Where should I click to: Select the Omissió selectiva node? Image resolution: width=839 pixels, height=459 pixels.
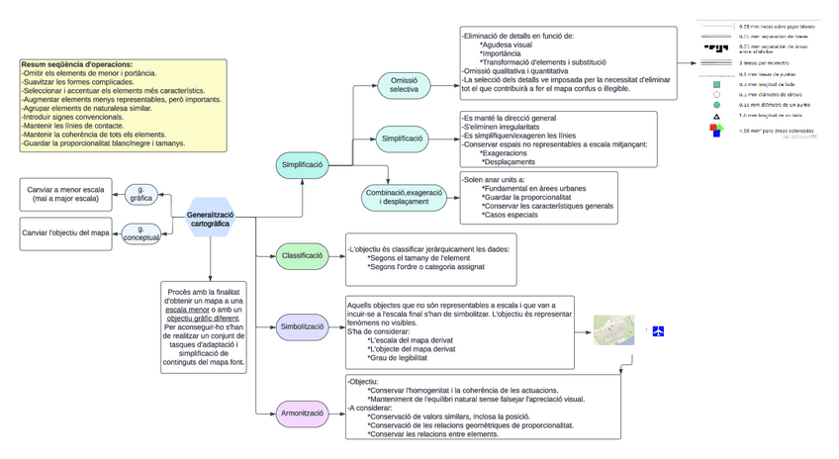coord(404,85)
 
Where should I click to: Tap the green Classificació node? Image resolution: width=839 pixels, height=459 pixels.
coord(304,256)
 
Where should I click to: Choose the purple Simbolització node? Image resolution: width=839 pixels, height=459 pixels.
coord(304,327)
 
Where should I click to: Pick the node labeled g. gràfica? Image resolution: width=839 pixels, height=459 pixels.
coord(141,193)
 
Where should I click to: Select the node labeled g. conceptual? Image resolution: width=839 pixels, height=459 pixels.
coord(141,233)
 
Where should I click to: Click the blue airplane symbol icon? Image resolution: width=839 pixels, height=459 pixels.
coord(658,330)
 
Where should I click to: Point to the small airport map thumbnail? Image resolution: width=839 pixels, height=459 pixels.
coord(613,330)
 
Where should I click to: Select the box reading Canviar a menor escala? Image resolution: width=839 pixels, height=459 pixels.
coord(65,193)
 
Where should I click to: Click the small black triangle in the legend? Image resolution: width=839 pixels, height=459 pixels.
coord(715,116)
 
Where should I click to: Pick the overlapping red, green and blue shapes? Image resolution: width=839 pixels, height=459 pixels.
coord(715,131)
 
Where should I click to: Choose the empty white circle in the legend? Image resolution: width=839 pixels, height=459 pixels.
coord(715,94)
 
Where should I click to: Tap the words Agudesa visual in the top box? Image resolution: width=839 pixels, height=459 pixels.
coord(508,46)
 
